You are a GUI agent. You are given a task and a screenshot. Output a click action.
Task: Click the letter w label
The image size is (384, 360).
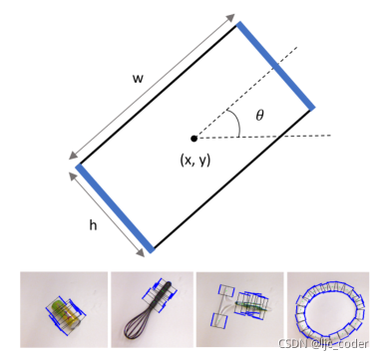point(138,79)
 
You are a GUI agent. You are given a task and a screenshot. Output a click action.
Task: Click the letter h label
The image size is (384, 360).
point(93,225)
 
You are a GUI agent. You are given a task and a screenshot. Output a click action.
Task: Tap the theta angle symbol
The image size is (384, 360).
point(259,115)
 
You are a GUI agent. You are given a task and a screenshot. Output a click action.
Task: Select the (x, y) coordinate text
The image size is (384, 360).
point(195,161)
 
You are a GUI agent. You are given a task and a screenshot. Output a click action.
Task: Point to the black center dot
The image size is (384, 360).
point(193,139)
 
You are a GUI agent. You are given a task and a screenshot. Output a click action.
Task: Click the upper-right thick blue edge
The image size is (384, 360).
point(275,66)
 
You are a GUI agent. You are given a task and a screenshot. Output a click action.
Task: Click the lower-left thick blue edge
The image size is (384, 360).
point(115,208)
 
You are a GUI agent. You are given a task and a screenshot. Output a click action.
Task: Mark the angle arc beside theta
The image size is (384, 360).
point(235,122)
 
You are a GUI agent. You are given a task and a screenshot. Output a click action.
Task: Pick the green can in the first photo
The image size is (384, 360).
point(64,313)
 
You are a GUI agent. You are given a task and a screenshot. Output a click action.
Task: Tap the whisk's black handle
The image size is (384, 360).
point(162,295)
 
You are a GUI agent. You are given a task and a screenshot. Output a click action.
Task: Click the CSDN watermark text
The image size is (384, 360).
point(323,344)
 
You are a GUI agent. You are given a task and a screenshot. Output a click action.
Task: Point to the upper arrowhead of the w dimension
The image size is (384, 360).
point(230,18)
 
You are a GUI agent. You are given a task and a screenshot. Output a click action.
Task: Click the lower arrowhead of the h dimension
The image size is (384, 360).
point(141,253)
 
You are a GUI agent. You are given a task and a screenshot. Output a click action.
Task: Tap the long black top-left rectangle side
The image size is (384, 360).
point(158,95)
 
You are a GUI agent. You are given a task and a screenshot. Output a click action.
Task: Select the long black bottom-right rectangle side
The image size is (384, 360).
point(232,180)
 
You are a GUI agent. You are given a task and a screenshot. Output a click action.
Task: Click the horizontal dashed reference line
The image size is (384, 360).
point(262,137)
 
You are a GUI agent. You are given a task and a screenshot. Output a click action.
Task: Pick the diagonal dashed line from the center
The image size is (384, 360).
point(245,93)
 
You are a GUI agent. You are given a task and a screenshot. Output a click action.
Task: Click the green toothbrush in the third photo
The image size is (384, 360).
point(251,305)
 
